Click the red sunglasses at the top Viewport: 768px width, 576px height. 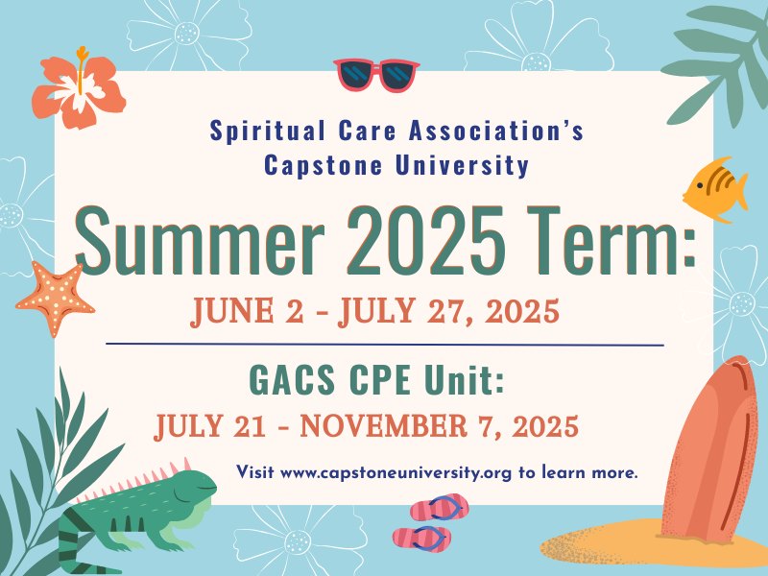tap(376, 75)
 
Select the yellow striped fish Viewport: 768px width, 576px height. tap(715, 188)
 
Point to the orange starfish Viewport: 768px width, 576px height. tap(55, 298)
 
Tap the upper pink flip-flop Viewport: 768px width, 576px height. tap(440, 508)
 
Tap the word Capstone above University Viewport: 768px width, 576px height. tap(324, 165)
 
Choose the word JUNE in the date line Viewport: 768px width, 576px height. tap(232, 311)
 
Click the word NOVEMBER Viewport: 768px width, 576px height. tap(384, 425)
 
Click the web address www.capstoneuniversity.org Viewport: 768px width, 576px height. tap(396, 472)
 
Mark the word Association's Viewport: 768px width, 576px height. tap(495, 131)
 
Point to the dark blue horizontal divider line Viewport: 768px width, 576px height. tap(385, 345)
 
